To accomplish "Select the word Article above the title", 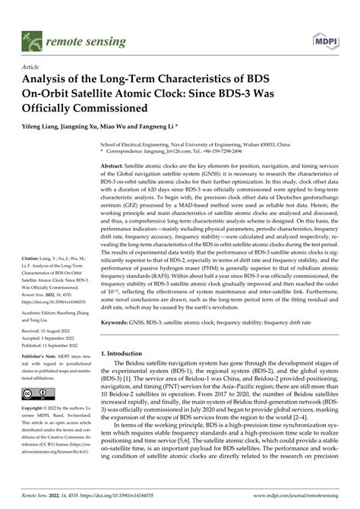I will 34,67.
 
